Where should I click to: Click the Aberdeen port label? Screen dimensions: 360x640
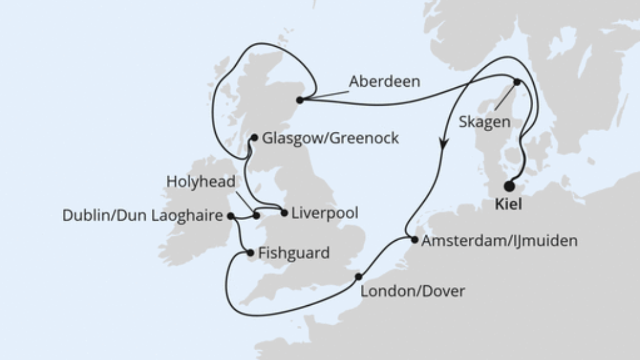[384, 82]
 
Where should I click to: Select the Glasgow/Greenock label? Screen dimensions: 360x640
[330, 138]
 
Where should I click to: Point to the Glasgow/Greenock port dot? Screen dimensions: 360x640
[255, 137]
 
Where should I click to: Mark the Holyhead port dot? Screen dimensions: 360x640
[256, 216]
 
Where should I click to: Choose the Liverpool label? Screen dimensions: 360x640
[325, 213]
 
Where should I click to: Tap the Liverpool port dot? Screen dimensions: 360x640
[284, 213]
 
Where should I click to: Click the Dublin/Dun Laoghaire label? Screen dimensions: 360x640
[143, 216]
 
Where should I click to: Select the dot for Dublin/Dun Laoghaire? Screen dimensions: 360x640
[230, 216]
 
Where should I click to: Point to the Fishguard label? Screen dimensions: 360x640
[293, 253]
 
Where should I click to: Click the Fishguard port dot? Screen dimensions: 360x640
[249, 253]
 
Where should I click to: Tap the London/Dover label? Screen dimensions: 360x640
[413, 291]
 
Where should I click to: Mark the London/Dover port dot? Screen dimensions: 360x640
[358, 277]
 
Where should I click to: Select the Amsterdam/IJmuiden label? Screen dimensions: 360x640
[499, 241]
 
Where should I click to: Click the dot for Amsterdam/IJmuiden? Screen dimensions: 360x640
[414, 240]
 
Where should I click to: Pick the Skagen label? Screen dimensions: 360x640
[485, 122]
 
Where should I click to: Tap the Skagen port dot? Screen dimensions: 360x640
[517, 82]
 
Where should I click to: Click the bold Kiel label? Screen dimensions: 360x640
[508, 205]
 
